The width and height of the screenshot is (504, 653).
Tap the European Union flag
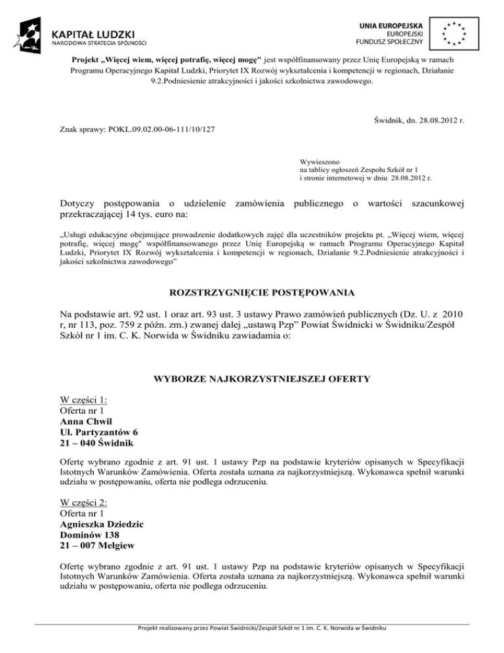[x=454, y=34]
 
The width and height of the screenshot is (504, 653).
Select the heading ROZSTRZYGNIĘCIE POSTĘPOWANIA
[x=252, y=292]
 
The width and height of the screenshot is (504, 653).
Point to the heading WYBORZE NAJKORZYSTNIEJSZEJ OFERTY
[x=252, y=379]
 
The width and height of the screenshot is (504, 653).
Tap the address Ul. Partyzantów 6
[x=98, y=433]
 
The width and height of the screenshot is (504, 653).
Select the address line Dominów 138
[x=89, y=537]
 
